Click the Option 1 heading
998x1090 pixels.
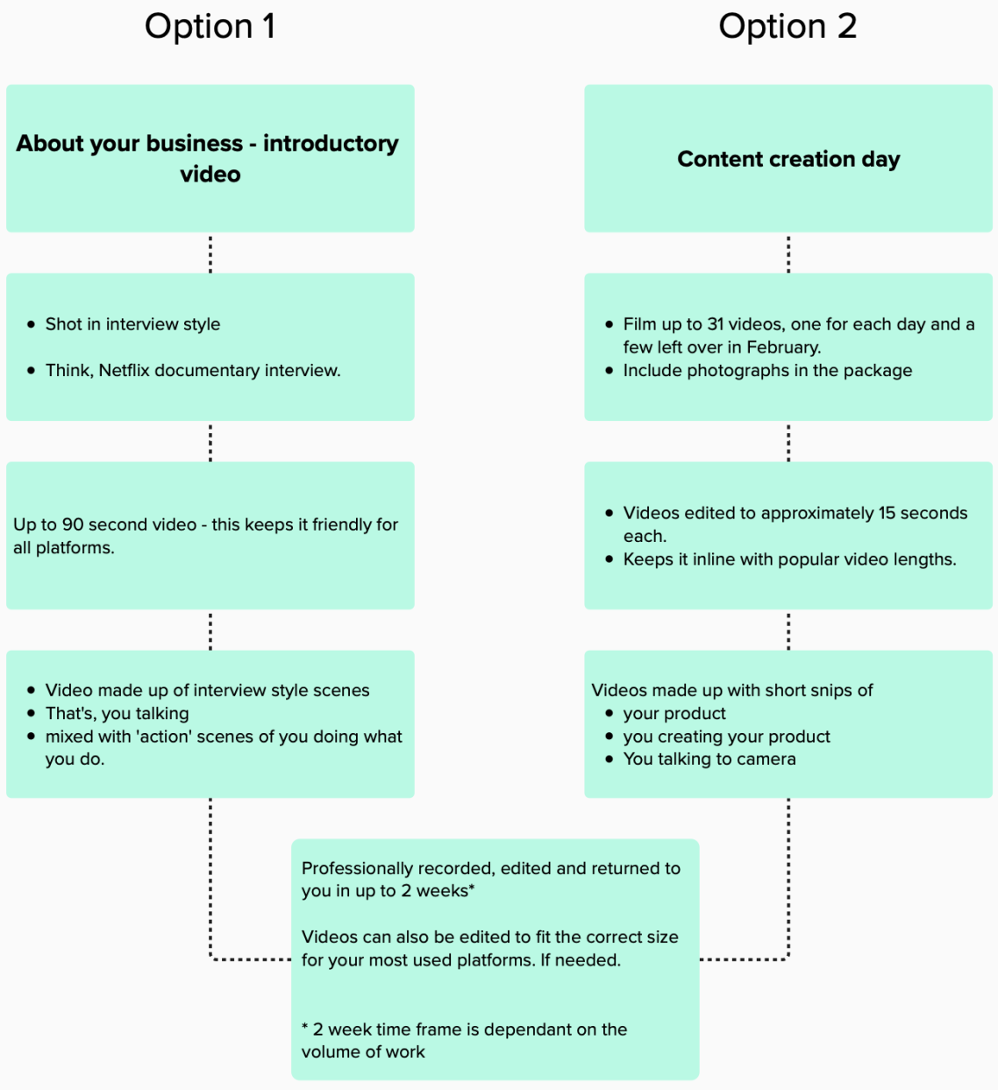click(x=210, y=26)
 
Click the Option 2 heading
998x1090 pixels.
click(x=788, y=26)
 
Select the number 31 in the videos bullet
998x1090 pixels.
click(x=715, y=324)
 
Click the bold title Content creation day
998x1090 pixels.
click(x=788, y=160)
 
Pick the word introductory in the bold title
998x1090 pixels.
click(x=331, y=144)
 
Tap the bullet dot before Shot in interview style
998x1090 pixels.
click(x=31, y=324)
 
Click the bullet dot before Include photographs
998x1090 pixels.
click(x=609, y=371)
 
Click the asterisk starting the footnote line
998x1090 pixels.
click(x=305, y=1027)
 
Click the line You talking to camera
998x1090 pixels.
click(x=709, y=759)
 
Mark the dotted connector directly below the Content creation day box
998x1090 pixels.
click(x=788, y=253)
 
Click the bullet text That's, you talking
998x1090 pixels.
click(x=117, y=713)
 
